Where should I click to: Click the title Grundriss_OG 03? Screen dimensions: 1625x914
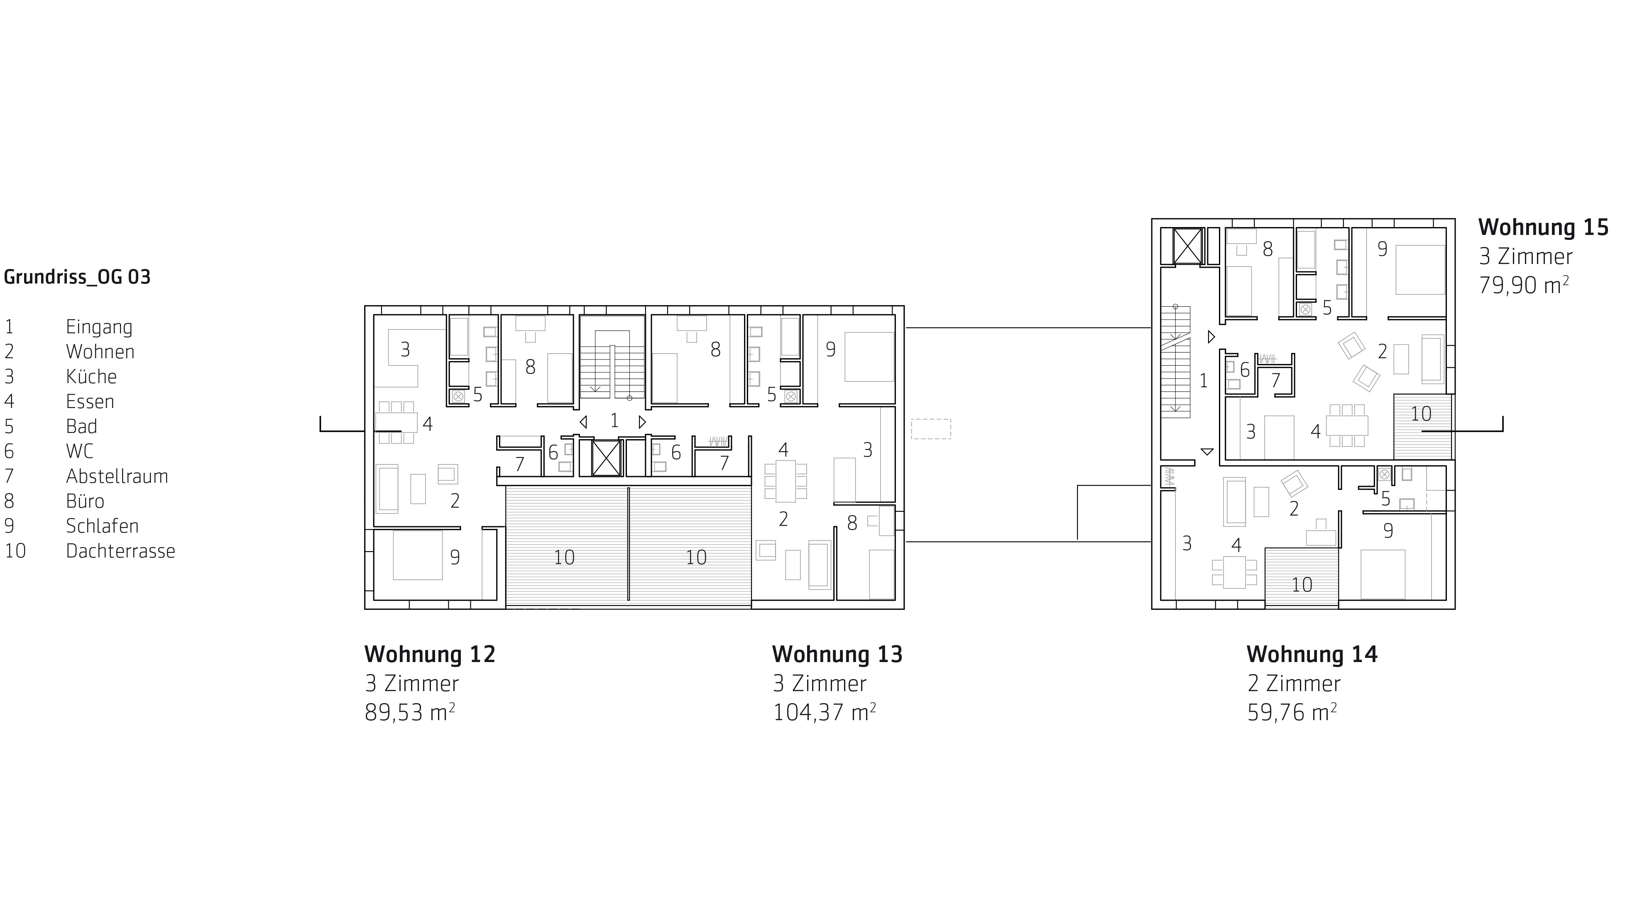pyautogui.click(x=77, y=277)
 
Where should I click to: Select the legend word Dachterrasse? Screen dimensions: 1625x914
pyautogui.click(x=120, y=551)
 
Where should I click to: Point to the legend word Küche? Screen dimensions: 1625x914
pyautogui.click(x=91, y=376)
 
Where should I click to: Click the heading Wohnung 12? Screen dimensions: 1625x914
pyautogui.click(x=430, y=654)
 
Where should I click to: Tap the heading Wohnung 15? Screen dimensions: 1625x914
pyautogui.click(x=1543, y=227)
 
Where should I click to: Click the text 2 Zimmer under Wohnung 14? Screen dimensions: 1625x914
pyautogui.click(x=1294, y=683)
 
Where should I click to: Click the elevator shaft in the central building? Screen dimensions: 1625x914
pyautogui.click(x=606, y=458)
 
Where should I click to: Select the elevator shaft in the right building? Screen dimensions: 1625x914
pyautogui.click(x=1188, y=246)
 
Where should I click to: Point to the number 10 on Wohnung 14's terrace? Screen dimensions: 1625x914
pyautogui.click(x=1302, y=585)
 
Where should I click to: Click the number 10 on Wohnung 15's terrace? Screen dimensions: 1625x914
pyautogui.click(x=1421, y=414)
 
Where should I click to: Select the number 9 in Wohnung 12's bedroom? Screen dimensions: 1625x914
pyautogui.click(x=455, y=557)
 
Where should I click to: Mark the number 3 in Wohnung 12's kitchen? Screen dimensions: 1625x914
pyautogui.click(x=405, y=349)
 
